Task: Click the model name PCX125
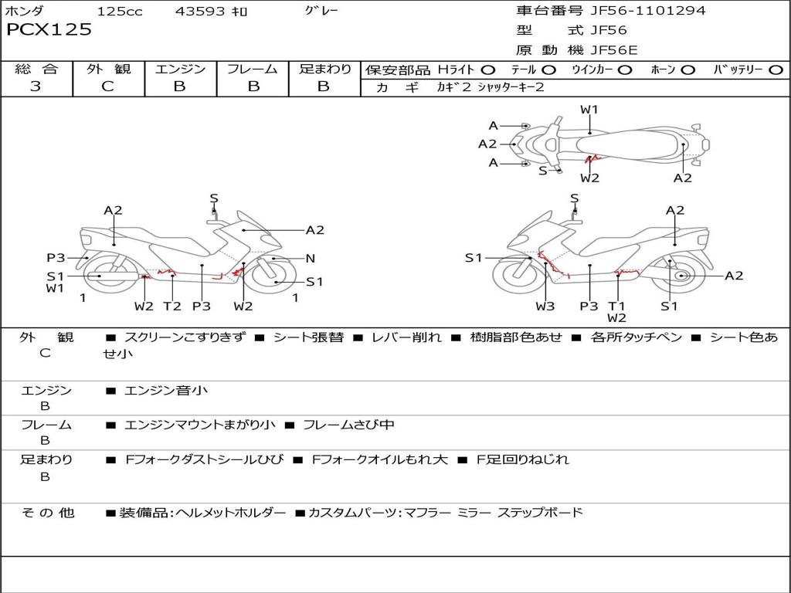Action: click(49, 29)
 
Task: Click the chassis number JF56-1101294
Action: click(648, 11)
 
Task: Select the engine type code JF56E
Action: click(614, 50)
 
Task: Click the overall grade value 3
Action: click(36, 86)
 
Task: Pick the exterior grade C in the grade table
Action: click(108, 86)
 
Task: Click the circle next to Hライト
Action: click(488, 70)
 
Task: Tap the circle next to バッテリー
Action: click(776, 70)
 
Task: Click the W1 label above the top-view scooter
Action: click(589, 110)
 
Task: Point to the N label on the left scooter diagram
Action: click(311, 259)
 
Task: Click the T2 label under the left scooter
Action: click(172, 306)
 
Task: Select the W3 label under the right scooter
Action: click(545, 306)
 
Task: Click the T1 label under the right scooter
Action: click(616, 306)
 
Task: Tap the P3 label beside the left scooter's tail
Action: click(56, 258)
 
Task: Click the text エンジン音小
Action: click(165, 390)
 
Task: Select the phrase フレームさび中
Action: click(348, 425)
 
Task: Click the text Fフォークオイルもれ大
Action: click(380, 459)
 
